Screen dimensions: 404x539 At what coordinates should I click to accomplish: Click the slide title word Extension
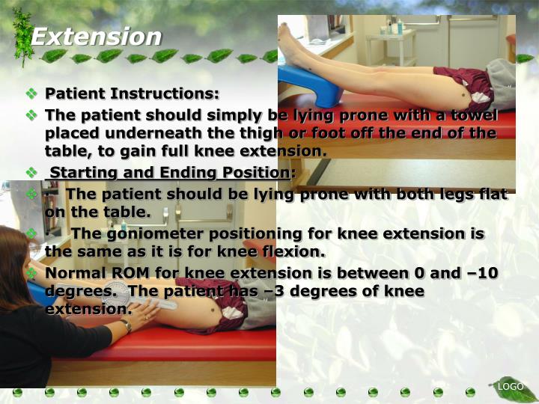(96, 36)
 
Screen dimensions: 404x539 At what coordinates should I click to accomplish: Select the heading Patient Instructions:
(133, 94)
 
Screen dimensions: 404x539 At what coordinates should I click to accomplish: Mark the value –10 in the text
(479, 272)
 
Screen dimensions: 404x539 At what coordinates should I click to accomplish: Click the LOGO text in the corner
(511, 386)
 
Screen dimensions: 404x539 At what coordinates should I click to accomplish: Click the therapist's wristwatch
(127, 325)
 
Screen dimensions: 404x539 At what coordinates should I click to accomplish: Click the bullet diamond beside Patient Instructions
(31, 94)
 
